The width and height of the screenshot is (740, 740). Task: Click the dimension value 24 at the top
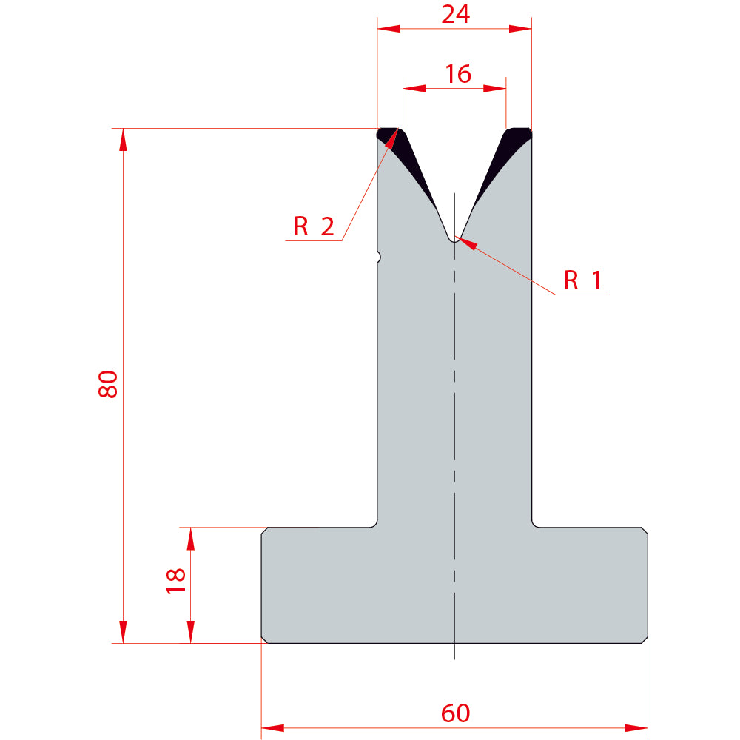pyautogui.click(x=455, y=14)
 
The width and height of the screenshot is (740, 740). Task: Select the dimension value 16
pyautogui.click(x=458, y=74)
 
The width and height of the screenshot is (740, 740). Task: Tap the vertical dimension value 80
pyautogui.click(x=108, y=384)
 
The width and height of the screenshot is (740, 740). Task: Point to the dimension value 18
pyautogui.click(x=175, y=581)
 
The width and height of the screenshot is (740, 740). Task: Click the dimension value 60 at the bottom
pyautogui.click(x=455, y=713)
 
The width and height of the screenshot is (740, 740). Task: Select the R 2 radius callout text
pyautogui.click(x=314, y=226)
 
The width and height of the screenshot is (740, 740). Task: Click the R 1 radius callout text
pyautogui.click(x=583, y=280)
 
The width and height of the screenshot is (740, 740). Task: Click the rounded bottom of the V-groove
pyautogui.click(x=454, y=240)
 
